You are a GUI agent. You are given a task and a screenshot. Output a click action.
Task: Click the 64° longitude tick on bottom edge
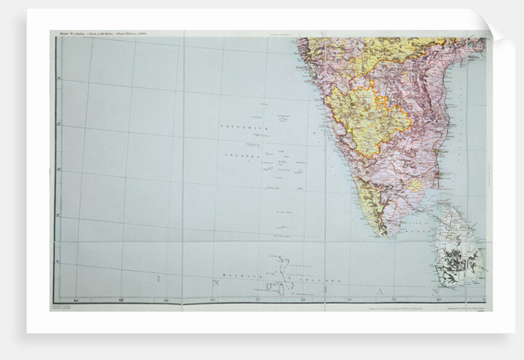click(76, 300)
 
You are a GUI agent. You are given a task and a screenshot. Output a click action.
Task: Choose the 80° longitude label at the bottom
click(438, 300)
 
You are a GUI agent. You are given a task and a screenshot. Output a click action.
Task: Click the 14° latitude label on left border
click(59, 78)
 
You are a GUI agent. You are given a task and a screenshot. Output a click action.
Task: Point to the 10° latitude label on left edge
click(59, 170)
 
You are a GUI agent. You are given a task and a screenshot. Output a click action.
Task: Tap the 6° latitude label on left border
click(59, 261)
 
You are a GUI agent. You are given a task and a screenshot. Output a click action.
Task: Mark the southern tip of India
click(383, 235)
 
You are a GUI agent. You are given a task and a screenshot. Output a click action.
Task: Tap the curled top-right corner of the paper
click(501, 31)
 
